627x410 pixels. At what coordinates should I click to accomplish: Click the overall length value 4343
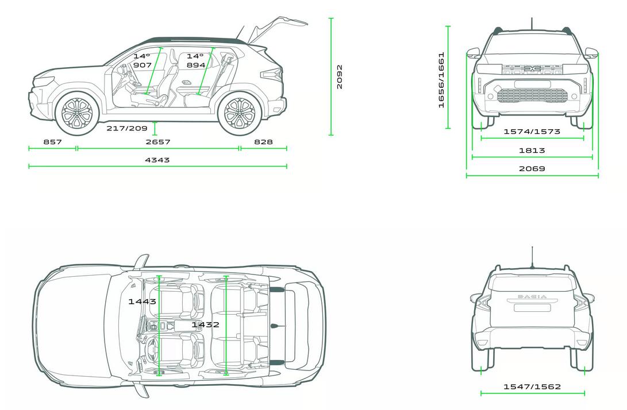[x=157, y=160]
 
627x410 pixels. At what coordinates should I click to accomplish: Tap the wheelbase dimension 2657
[x=158, y=141]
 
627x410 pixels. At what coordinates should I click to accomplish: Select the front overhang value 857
[x=53, y=141]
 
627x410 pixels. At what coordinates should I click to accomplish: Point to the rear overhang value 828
[x=264, y=141]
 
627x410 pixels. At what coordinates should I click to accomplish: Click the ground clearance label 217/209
[x=127, y=128]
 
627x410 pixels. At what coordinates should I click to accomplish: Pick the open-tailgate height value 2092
[x=340, y=77]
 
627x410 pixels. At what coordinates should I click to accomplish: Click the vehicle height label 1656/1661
[x=441, y=80]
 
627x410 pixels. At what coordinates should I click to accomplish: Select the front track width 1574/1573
[x=532, y=131]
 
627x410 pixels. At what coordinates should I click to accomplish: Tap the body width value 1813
[x=532, y=150]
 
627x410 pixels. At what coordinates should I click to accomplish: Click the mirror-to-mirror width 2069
[x=532, y=169]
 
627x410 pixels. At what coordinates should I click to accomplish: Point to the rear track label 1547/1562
[x=532, y=386]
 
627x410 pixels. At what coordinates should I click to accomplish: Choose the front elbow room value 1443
[x=142, y=301]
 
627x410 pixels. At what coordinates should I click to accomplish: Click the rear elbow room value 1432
[x=205, y=324]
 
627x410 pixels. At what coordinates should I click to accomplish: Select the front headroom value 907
[x=143, y=65]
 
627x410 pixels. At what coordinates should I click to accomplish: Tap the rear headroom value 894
[x=196, y=65]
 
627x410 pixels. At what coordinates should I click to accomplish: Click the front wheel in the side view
[x=77, y=113]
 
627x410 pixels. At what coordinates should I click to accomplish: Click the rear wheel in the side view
[x=239, y=113]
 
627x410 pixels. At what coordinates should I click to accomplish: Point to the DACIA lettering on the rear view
[x=532, y=296]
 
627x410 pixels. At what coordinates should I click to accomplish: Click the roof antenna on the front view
[x=532, y=23]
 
